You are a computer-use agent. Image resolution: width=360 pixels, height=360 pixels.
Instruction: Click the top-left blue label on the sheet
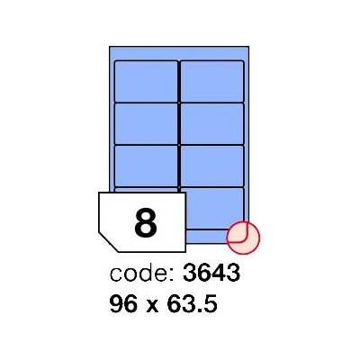point(147,82)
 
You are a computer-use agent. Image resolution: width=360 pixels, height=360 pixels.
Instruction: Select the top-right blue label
point(212,82)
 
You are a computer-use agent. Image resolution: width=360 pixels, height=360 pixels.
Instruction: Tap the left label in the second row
point(147,123)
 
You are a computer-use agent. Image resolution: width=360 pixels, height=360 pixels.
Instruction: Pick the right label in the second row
point(212,123)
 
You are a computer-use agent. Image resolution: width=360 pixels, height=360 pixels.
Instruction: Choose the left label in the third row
point(147,166)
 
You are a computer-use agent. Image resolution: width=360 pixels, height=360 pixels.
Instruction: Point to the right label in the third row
point(212,166)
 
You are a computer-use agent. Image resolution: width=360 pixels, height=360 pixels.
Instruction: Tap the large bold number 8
point(146,223)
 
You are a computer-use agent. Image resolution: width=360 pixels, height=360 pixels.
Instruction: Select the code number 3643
point(211,274)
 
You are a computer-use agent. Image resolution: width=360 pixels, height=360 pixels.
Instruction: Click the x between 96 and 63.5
point(153,306)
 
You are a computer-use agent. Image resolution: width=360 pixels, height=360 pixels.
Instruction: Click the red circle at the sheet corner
point(243,238)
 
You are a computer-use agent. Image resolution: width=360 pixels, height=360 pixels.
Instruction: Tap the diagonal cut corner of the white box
point(108,242)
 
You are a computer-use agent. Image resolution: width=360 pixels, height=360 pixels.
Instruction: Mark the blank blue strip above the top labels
point(179,54)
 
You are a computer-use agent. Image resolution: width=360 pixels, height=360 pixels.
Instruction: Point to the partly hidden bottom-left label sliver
point(147,190)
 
